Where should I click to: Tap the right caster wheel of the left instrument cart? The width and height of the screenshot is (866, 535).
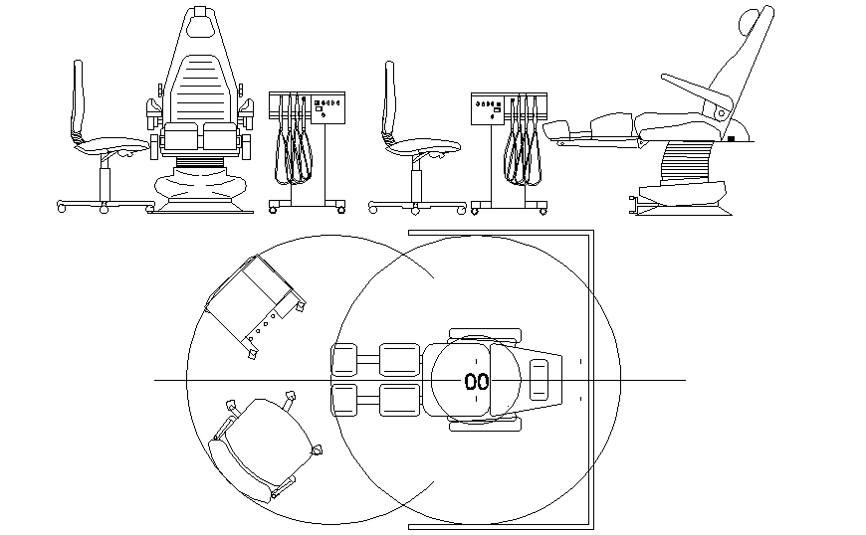(341, 209)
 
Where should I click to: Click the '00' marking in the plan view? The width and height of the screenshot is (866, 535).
(477, 381)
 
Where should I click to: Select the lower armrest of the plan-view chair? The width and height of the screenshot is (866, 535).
(486, 425)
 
